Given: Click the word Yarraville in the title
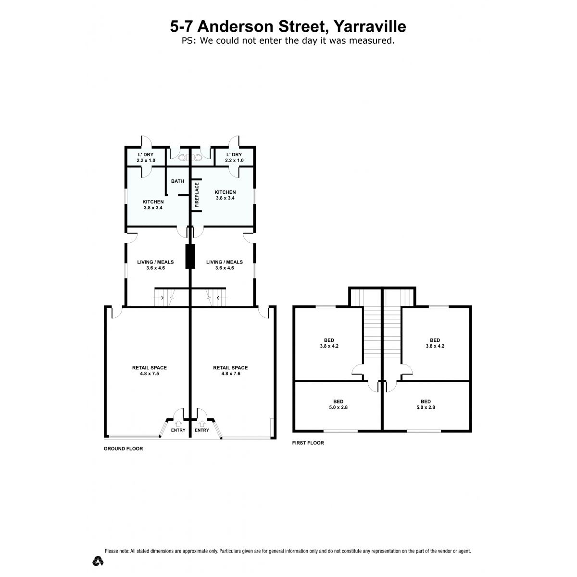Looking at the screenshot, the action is coord(370,26).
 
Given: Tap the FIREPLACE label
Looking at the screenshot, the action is coord(197,195).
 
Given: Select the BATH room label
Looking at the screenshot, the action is coord(177,181).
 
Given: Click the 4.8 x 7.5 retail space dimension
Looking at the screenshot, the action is coord(150,374).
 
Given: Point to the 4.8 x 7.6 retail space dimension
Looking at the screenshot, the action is coord(231,374).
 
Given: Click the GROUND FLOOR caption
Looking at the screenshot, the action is coord(124,449).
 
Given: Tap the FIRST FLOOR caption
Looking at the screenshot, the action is coord(308,443).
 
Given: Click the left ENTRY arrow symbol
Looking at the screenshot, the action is coord(178,424).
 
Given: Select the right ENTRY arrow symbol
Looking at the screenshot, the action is coord(202,424).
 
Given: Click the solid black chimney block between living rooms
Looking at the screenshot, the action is coord(190,256).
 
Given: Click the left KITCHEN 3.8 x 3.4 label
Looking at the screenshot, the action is coord(153,204).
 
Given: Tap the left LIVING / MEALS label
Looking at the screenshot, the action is coord(155,264).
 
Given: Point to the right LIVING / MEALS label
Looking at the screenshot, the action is coord(225,264).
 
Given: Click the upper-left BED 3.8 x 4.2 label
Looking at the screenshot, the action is coord(329,343).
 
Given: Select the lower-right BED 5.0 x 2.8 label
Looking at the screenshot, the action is coord(426,404).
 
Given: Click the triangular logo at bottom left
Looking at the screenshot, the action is coord(98,561).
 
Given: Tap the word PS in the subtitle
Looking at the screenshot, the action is coord(188,40).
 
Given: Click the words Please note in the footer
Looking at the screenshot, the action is coord(117,551).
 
